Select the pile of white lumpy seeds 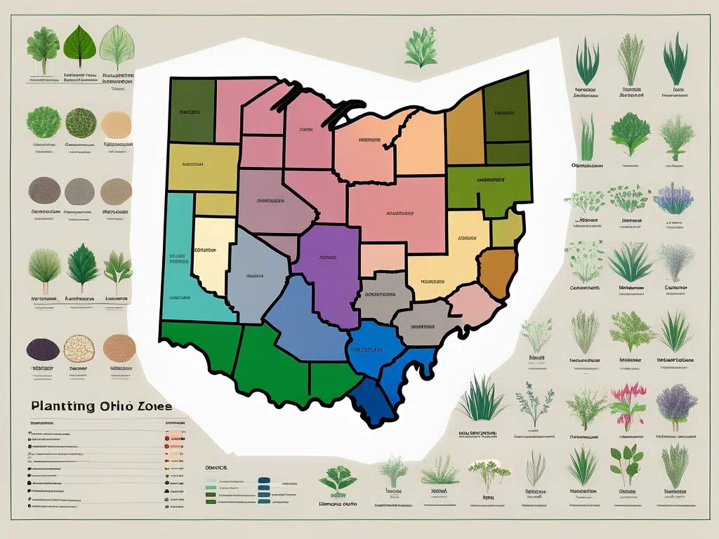click(x=79, y=348)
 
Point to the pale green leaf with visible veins click(x=115, y=46)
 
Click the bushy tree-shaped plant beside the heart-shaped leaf click(x=42, y=46)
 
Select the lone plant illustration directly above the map click(x=421, y=48)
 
